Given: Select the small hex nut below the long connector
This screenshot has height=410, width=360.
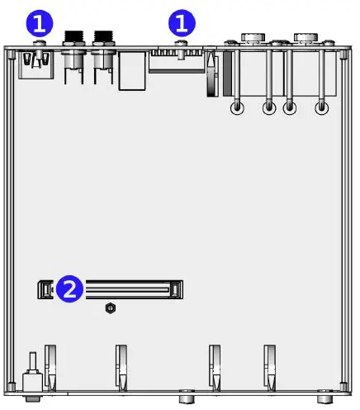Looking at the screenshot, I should [111, 308].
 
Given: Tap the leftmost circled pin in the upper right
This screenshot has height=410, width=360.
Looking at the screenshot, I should [237, 107].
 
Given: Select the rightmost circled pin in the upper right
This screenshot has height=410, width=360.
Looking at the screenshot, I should [322, 107].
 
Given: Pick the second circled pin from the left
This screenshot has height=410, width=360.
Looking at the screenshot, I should [268, 107].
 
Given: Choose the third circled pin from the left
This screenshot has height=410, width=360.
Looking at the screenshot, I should [290, 107].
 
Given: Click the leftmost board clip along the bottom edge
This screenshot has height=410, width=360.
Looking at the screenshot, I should [50, 366].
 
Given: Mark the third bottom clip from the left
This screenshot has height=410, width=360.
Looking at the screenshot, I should [215, 366].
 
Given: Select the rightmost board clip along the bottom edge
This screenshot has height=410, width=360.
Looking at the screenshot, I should [269, 366].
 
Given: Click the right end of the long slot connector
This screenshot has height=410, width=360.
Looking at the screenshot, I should [176, 289].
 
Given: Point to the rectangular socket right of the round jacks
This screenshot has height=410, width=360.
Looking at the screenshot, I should [132, 73].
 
